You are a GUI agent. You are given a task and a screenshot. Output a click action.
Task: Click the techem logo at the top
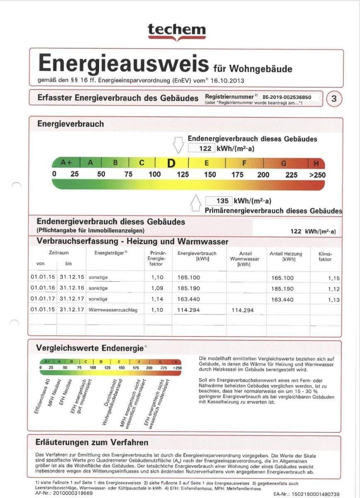pos(177,31)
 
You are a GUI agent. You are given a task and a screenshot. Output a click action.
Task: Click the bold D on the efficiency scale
pos(171,163)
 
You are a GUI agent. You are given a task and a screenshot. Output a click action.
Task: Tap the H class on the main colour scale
pos(316,163)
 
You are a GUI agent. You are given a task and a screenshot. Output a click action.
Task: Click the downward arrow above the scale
pos(178,145)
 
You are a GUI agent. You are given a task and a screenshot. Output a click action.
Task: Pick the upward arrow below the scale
pos(195,203)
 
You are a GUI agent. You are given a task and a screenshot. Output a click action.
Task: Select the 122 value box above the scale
pos(202,148)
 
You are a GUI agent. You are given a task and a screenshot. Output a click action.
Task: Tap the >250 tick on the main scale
pos(317,175)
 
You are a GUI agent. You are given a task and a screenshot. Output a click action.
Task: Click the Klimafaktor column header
pos(325,256)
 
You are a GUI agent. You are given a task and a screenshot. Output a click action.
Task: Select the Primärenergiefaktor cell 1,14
pos(157,299)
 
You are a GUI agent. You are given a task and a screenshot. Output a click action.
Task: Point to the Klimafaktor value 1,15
pos(333,278)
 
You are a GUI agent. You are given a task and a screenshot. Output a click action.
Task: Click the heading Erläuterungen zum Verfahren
pos(92,442)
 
